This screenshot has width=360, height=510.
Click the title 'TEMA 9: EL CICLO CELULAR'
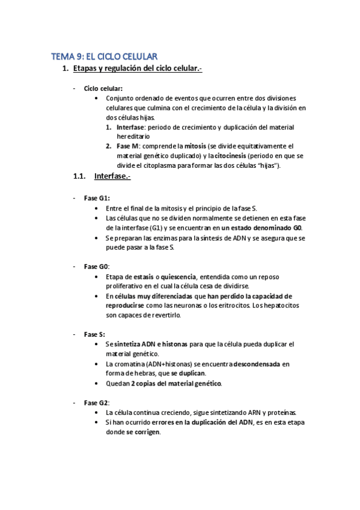[x=104, y=57]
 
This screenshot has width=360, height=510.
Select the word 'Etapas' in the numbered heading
[x=87, y=70]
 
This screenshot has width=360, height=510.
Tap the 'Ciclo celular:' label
[x=103, y=88]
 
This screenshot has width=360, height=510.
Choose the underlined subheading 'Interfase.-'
[x=112, y=176]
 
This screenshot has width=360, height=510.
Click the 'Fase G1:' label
[x=97, y=198]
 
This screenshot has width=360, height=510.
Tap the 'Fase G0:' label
[x=97, y=266]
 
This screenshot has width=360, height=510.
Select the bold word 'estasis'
[x=147, y=277]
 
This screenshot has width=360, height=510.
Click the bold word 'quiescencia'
[x=178, y=277]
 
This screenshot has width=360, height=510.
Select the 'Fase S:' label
[x=95, y=334]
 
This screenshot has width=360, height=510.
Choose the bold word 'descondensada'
[x=257, y=364]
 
